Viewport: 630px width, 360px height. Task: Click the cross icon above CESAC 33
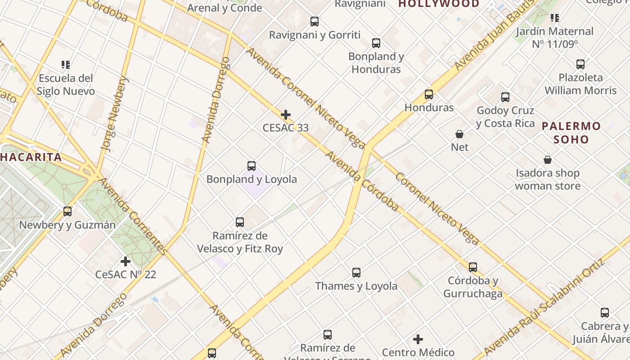[x=285, y=115]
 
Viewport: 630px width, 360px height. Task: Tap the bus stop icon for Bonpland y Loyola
[x=252, y=166]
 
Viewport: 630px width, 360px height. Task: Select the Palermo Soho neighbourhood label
[x=571, y=133]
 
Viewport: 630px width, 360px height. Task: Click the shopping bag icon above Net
[x=459, y=134]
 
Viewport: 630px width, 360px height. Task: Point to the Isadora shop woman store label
[x=547, y=180]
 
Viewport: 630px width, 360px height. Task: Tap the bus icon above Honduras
[x=429, y=94]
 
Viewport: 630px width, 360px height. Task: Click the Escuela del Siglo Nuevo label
[x=66, y=85]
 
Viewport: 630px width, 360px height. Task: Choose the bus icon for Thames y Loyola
[x=356, y=273]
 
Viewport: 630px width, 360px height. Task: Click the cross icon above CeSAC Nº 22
[x=126, y=261]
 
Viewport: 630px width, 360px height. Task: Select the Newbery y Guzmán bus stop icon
[x=67, y=211]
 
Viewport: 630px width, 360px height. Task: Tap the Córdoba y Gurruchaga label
[x=473, y=287]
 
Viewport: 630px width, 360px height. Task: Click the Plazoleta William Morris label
[x=580, y=84]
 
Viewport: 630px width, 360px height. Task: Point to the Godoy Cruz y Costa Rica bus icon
[x=505, y=97]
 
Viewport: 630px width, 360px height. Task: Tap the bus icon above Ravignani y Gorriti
[x=315, y=22]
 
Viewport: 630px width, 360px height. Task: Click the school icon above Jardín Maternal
[x=555, y=18]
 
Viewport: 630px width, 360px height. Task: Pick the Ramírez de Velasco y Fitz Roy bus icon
[x=240, y=222]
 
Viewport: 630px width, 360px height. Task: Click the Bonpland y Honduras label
[x=376, y=63]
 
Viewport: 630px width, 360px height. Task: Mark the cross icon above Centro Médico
[x=418, y=339]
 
